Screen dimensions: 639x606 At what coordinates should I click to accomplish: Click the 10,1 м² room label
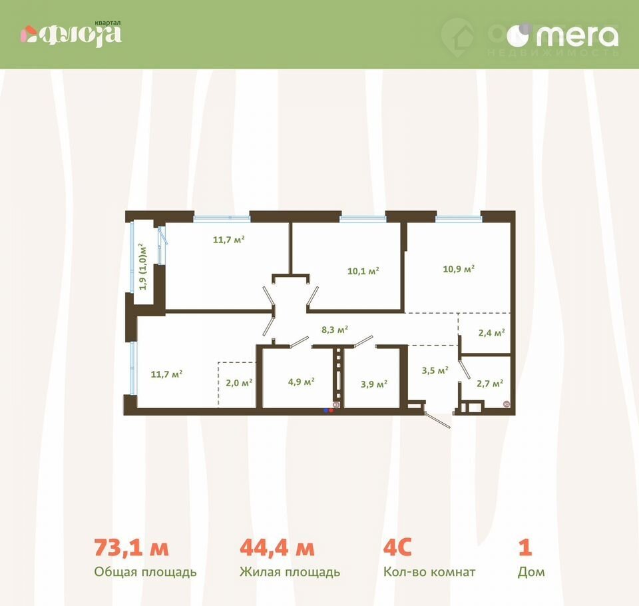click(x=363, y=271)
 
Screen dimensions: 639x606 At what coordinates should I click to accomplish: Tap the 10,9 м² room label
click(x=459, y=269)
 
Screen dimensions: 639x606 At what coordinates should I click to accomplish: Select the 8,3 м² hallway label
click(x=335, y=329)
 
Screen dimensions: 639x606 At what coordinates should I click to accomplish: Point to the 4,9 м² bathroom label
click(x=301, y=382)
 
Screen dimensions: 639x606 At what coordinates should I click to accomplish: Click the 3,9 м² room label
click(x=373, y=384)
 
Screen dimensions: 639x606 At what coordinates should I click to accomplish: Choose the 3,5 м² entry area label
click(x=435, y=370)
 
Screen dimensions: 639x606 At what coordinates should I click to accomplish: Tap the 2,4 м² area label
click(x=491, y=333)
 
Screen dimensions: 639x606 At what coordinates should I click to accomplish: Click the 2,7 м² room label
click(x=490, y=384)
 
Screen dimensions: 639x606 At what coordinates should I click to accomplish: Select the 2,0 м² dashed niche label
click(x=239, y=382)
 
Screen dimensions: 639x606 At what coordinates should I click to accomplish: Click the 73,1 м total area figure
click(x=131, y=547)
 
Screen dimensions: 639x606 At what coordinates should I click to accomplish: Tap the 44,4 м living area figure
click(x=277, y=547)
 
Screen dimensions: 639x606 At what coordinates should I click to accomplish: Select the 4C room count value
click(x=397, y=547)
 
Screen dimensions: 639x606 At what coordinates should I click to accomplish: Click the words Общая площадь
click(x=146, y=572)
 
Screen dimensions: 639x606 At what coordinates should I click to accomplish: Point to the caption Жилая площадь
click(x=290, y=572)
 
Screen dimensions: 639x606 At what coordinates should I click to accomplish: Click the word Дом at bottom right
click(x=531, y=572)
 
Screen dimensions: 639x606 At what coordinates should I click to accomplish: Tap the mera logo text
click(x=577, y=36)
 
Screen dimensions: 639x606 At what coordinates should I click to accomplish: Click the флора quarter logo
click(x=71, y=35)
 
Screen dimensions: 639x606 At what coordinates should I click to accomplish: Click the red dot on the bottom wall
click(x=331, y=410)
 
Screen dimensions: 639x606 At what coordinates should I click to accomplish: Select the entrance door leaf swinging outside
click(x=437, y=420)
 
